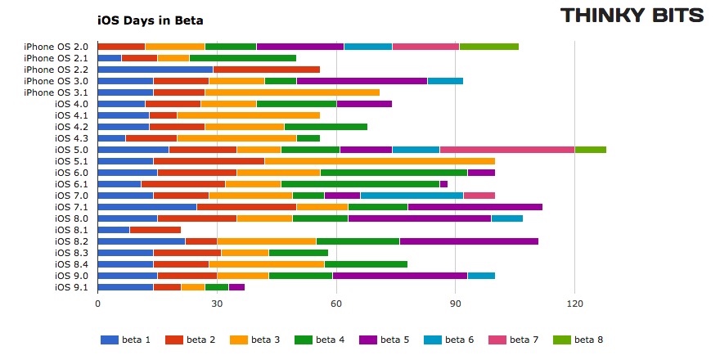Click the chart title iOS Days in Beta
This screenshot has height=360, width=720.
tap(150, 20)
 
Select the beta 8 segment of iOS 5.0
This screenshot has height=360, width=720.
tap(591, 150)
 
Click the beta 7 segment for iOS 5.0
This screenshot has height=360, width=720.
tap(527, 150)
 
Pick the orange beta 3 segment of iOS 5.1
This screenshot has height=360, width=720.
tap(380, 161)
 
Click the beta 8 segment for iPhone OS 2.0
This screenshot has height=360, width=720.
tap(489, 47)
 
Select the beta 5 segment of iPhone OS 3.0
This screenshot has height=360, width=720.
tap(362, 81)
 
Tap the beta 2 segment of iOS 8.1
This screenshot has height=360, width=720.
tap(155, 230)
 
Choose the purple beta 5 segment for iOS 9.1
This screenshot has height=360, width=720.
tap(237, 287)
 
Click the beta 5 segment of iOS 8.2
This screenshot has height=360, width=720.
tap(469, 241)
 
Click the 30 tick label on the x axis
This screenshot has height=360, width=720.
tap(217, 304)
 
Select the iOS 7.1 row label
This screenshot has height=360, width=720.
tap(72, 207)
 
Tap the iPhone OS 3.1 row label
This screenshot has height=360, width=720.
tap(56, 92)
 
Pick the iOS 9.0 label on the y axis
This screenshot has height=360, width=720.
tap(72, 276)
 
